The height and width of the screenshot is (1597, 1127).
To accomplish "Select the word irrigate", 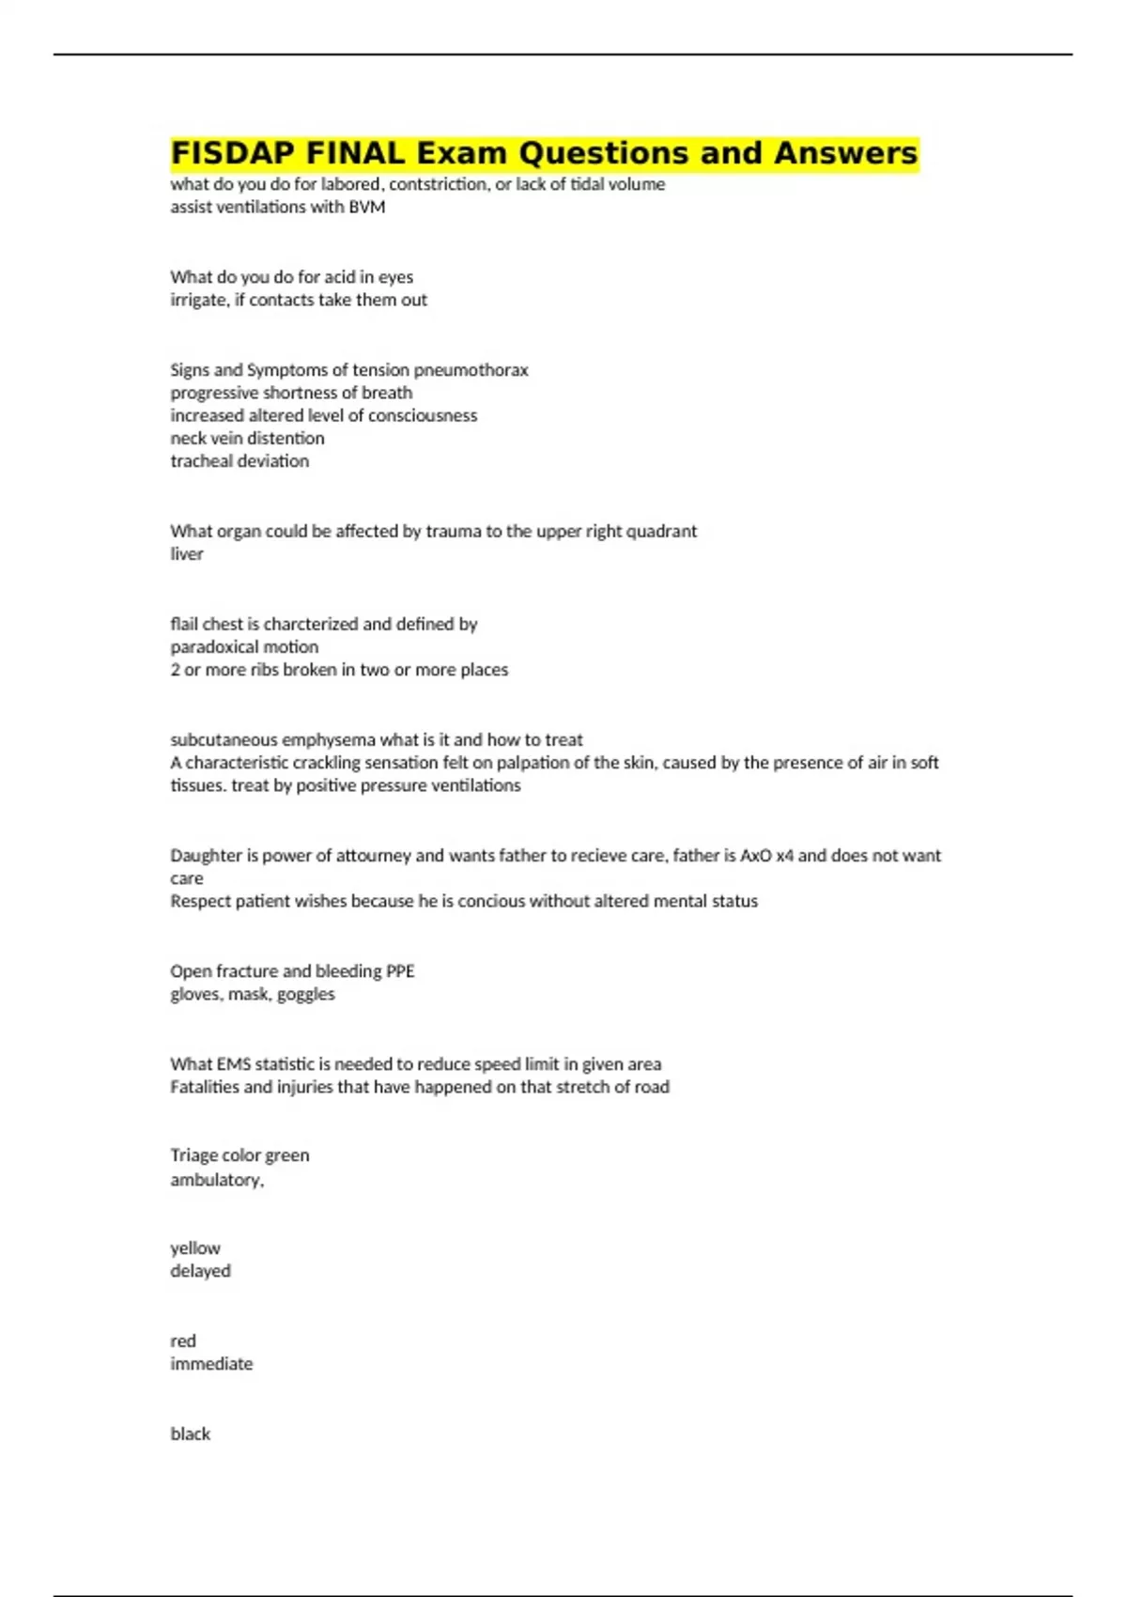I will pos(198,300).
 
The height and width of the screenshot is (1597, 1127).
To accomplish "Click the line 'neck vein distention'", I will pos(247,438).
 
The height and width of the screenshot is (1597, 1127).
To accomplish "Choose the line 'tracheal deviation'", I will pos(239,461).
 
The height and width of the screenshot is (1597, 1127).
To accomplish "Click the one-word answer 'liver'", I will pos(186,553).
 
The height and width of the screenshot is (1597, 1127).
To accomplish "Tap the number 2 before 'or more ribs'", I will pos(175,670).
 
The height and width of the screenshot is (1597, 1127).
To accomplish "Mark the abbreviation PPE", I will pos(400,970).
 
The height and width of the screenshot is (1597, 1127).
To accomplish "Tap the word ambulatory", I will pos(216,1180).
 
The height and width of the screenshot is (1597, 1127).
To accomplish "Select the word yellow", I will pos(195,1248).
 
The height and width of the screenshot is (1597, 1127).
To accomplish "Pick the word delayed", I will pos(200,1271).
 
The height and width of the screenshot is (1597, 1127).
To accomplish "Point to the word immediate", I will pos(211,1364).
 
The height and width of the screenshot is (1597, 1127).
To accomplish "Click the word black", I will pos(190,1434).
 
